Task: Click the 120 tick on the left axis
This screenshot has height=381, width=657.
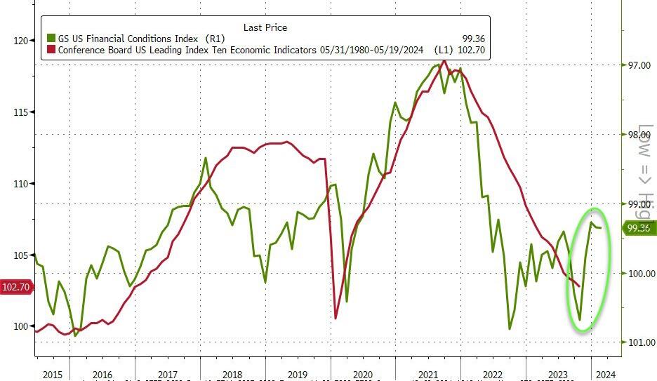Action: click(x=20, y=41)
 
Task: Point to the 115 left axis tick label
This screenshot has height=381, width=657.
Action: click(x=20, y=112)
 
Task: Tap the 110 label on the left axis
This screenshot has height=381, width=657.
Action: click(x=20, y=184)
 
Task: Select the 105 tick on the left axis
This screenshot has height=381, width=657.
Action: click(x=20, y=255)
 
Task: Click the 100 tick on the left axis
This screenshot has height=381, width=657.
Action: click(x=20, y=326)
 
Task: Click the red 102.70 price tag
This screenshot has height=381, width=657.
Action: click(x=15, y=286)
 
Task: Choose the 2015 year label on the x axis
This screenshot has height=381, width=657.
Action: click(x=53, y=375)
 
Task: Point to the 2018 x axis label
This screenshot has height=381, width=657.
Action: click(x=232, y=375)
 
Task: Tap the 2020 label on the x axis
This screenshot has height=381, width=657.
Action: click(x=362, y=375)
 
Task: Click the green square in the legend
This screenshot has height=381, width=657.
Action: click(x=51, y=39)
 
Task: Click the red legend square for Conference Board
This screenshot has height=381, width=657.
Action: click(x=51, y=51)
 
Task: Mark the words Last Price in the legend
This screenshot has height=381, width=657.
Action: click(x=265, y=27)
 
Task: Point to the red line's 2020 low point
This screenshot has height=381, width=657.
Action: click(x=336, y=319)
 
